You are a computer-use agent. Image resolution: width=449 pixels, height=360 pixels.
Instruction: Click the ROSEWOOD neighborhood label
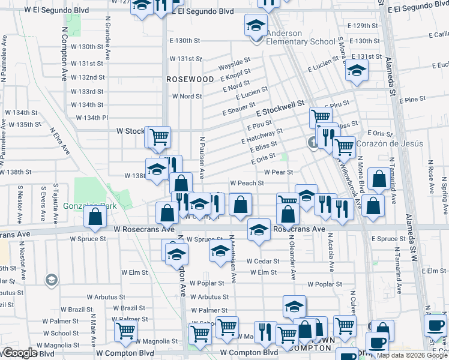[x=190, y=79]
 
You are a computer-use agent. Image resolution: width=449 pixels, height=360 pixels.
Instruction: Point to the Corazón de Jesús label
[x=390, y=143]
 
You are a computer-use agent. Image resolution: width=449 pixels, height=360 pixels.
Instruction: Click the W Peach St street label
[x=247, y=183]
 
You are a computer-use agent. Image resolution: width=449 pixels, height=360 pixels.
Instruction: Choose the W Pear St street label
[x=278, y=172]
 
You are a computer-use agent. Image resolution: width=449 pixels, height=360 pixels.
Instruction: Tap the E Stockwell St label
[x=280, y=109]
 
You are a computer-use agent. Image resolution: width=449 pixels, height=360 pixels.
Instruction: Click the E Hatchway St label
[x=265, y=136]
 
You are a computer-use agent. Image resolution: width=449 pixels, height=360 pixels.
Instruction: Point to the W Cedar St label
[x=263, y=261]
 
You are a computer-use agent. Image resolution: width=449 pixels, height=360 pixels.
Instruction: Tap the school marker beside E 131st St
[x=356, y=72]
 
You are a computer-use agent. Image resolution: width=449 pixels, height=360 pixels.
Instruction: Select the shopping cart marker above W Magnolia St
[x=126, y=331]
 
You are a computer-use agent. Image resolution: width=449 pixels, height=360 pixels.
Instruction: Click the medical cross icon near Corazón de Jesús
[x=313, y=143]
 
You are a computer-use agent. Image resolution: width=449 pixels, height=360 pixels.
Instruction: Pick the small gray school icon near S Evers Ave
[x=51, y=280]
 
